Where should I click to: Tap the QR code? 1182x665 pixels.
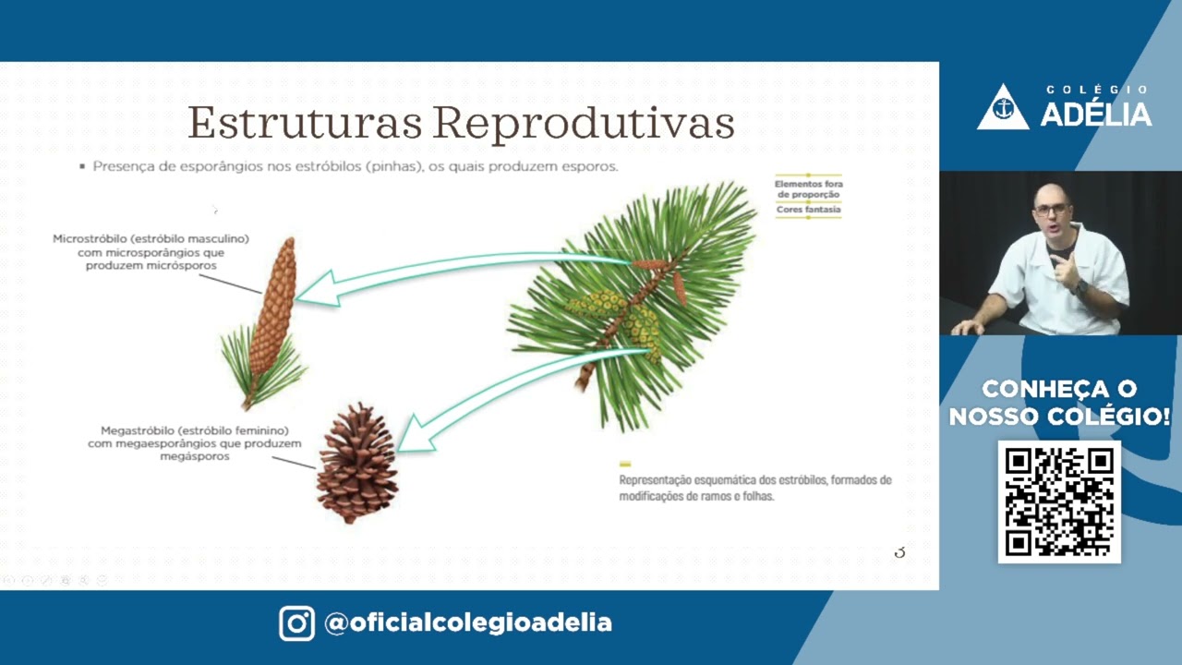click(x=1059, y=502)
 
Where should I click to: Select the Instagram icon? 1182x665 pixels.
click(x=296, y=623)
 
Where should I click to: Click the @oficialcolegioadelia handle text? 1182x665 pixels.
click(x=468, y=623)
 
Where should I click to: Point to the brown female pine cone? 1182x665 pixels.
click(x=357, y=463)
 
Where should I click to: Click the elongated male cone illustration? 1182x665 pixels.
click(x=273, y=305)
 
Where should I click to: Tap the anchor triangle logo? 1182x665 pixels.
click(x=1003, y=108)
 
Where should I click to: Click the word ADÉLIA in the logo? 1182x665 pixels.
click(x=1096, y=115)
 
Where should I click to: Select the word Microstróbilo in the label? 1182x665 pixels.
click(x=89, y=239)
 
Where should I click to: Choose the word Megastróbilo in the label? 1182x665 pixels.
click(x=138, y=431)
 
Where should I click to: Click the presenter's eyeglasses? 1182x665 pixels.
click(x=1051, y=210)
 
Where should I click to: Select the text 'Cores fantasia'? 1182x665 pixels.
click(x=808, y=210)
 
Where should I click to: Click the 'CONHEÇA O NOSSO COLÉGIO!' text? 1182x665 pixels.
click(x=1059, y=403)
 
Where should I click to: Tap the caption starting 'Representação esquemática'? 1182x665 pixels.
click(x=754, y=488)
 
